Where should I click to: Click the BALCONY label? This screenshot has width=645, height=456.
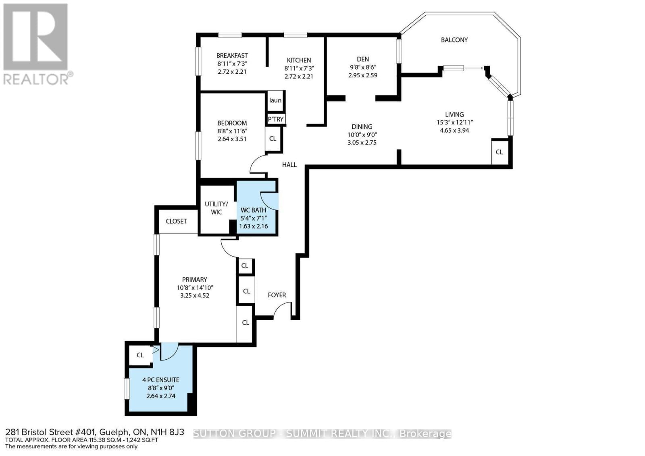[454, 40]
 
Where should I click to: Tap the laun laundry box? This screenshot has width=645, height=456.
[275, 100]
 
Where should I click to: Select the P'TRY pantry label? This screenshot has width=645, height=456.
[276, 119]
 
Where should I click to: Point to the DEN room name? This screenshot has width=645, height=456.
[362, 59]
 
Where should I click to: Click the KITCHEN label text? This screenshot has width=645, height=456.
[299, 60]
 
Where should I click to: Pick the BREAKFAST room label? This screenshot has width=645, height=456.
[232, 56]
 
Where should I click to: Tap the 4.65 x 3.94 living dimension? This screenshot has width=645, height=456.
[454, 131]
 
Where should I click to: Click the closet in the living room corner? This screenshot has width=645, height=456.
[499, 152]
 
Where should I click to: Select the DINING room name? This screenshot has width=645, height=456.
[362, 126]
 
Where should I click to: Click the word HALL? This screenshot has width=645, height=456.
[289, 165]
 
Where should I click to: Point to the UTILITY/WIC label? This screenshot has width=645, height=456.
[216, 208]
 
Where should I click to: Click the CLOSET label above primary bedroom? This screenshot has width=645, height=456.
[176, 221]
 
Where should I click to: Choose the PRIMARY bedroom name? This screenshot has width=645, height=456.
[195, 280]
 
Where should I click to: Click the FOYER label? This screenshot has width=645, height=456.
[277, 295]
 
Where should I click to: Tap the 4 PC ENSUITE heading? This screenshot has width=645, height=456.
[161, 380]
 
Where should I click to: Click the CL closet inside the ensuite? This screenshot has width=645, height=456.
[140, 355]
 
